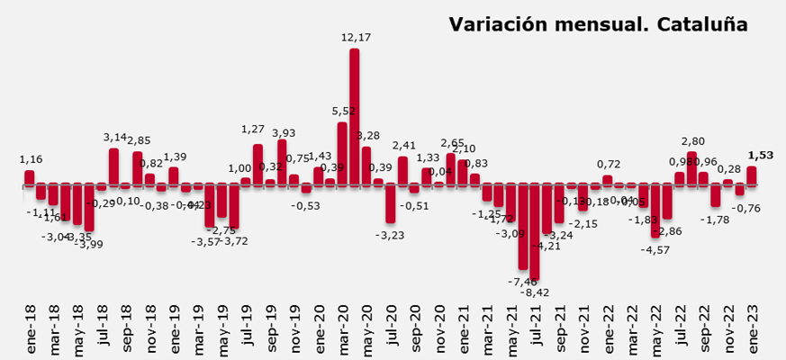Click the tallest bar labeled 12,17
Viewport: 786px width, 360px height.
pyautogui.click(x=355, y=117)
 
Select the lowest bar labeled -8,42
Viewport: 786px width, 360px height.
pyautogui.click(x=535, y=232)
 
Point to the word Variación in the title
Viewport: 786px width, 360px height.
pyautogui.click(x=501, y=24)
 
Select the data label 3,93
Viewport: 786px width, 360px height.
pyautogui.click(x=284, y=133)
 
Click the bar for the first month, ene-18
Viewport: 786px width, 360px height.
pyautogui.click(x=30, y=177)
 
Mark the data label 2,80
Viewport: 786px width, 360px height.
pyautogui.click(x=691, y=141)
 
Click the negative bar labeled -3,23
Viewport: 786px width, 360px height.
pyautogui.click(x=391, y=203)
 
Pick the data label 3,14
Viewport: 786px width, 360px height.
pyautogui.click(x=114, y=137)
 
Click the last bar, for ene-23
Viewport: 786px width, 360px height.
pyautogui.click(x=752, y=175)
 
